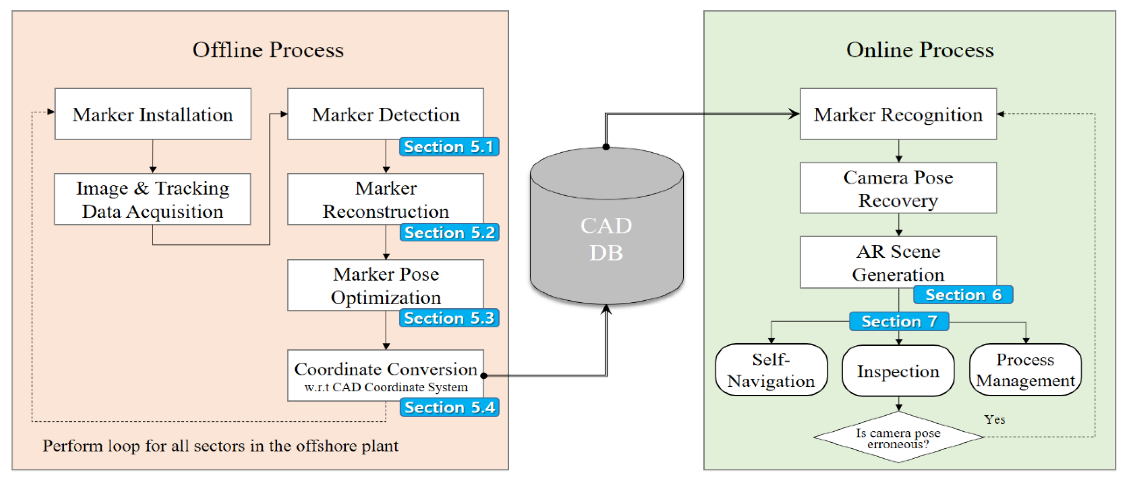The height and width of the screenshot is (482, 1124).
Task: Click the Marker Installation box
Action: (153, 114)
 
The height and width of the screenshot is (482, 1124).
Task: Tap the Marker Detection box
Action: (386, 114)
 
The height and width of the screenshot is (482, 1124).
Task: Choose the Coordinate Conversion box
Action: (386, 375)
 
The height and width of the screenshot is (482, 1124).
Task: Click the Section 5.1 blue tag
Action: (449, 147)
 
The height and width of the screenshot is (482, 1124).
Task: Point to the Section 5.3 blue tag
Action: (449, 318)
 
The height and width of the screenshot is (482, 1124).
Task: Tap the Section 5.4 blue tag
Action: (450, 407)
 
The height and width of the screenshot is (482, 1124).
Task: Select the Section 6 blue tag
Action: (963, 294)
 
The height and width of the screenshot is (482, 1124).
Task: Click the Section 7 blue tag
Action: (899, 321)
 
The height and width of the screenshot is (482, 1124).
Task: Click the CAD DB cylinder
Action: (607, 225)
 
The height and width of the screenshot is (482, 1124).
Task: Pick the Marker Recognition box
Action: (898, 114)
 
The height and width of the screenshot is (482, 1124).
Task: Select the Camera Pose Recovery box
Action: (898, 188)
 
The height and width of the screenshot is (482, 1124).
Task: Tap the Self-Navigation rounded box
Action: (771, 369)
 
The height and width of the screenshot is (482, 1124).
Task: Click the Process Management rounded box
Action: (1026, 369)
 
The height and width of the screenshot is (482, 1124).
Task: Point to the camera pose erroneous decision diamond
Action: (898, 437)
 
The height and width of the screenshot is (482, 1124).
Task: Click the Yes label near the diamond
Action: (994, 419)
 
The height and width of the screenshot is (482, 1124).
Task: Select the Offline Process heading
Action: (268, 50)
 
